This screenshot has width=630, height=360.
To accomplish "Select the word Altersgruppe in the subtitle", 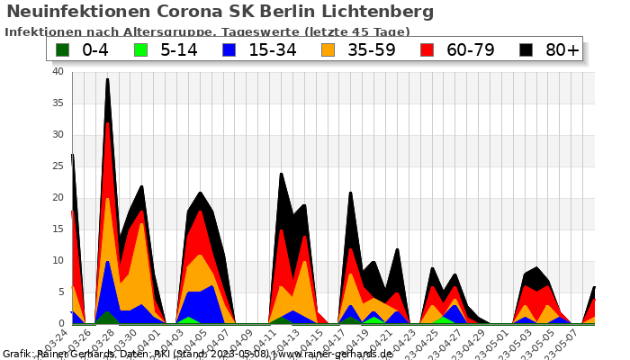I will pyautogui.click(x=174, y=31).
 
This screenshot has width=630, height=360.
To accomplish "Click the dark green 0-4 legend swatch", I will pyautogui.click(x=63, y=49).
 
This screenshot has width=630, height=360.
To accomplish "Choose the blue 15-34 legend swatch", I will pyautogui.click(x=229, y=49).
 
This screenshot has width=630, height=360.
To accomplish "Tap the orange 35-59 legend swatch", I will pyautogui.click(x=330, y=49).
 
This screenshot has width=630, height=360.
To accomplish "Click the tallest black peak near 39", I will pyautogui.click(x=108, y=80).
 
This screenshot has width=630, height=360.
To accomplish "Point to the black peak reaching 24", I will pyautogui.click(x=281, y=175).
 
